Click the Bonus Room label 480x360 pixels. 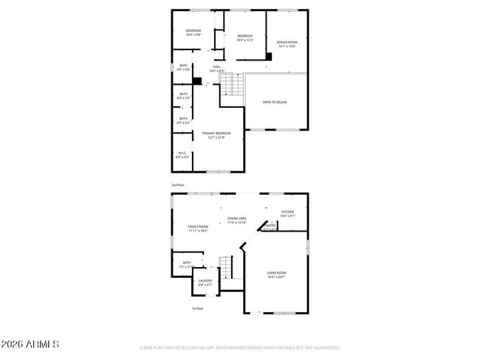pos(287,44)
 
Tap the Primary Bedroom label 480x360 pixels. pos(216,135)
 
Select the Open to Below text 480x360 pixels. pos(275,102)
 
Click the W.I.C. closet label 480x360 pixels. pos(182,155)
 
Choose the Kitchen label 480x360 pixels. pos(288,214)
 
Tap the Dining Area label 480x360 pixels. pos(237,220)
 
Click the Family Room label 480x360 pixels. pos(198,229)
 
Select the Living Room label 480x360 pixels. pos(276,275)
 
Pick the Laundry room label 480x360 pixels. pos(205,283)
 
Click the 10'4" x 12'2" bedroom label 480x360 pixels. pos(244,38)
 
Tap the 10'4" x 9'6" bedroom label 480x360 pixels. pos(193,32)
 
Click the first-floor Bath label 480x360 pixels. pos(187,264)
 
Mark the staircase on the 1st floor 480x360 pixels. pos(227,267)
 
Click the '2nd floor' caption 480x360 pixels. pos(177,184)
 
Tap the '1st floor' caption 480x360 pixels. pos(197,308)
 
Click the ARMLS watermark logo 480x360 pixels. pos(30,345)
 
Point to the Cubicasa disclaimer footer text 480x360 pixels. pos(239,347)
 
